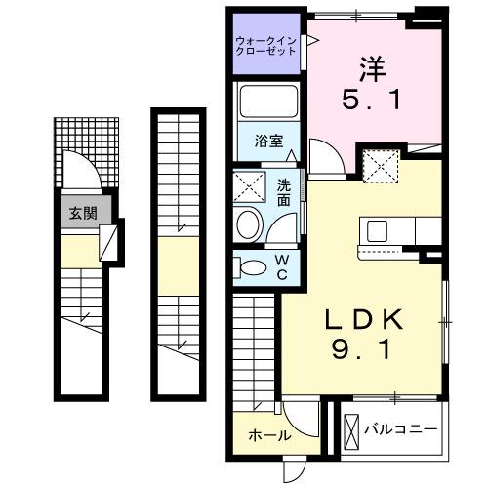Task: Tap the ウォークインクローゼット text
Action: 266,45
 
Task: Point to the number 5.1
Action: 367,101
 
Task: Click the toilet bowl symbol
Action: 253,266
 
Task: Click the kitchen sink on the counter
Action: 376,231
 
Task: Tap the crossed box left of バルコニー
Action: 351,428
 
